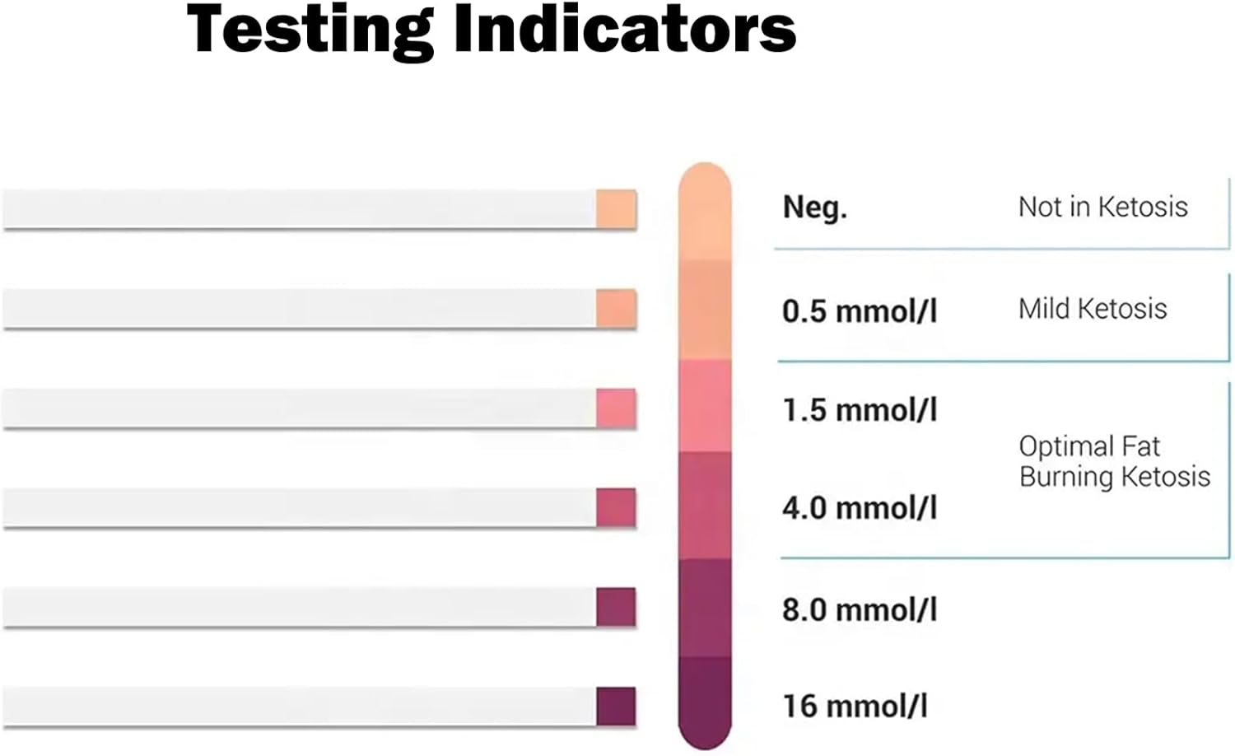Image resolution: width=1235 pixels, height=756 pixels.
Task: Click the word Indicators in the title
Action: [x=625, y=29]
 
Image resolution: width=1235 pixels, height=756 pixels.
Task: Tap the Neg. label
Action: [x=814, y=207]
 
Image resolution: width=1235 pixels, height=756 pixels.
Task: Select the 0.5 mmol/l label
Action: [x=860, y=311]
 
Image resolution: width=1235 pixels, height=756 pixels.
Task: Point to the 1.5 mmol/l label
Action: [x=860, y=410]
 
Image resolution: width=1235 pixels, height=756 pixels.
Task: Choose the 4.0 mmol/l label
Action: [x=860, y=508]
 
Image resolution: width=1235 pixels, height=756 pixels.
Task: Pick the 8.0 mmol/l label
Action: [x=860, y=610]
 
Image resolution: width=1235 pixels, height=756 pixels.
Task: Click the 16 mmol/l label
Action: [x=855, y=707]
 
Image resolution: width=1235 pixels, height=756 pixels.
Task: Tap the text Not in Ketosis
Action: [x=1102, y=207]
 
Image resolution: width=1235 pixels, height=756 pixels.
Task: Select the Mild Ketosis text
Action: [x=1093, y=309]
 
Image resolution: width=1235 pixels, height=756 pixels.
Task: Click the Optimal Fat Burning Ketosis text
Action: [x=1114, y=461]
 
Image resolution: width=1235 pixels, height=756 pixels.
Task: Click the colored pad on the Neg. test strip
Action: [x=616, y=209]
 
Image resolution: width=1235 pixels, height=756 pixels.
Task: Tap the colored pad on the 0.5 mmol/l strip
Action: [x=616, y=309]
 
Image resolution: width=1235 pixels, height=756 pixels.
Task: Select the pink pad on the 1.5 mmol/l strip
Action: [x=616, y=408]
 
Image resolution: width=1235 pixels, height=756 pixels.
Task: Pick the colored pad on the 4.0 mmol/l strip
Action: [x=616, y=508]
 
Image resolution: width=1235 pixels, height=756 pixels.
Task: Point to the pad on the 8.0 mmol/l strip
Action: [x=616, y=608]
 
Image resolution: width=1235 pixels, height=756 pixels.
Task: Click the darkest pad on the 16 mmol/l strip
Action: [x=616, y=707]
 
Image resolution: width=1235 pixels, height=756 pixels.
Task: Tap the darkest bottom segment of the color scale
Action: [x=705, y=700]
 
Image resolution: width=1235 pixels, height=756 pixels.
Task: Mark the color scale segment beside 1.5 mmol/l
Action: [x=705, y=406]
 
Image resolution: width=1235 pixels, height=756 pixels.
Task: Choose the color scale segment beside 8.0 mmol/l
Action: [x=705, y=608]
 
